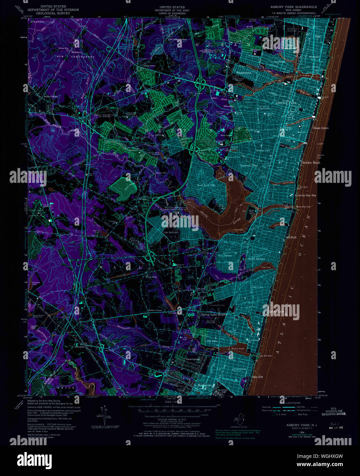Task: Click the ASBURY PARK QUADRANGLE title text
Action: tap(293, 7)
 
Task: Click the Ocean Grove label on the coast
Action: tap(320, 128)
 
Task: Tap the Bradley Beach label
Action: tap(311, 163)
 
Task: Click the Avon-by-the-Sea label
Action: tap(305, 196)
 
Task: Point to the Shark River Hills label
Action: tap(206, 185)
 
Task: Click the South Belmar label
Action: tap(256, 259)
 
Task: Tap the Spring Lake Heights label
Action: tap(215, 314)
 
